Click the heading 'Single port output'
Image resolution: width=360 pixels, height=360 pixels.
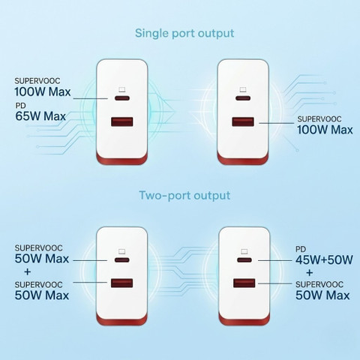tap(184, 34)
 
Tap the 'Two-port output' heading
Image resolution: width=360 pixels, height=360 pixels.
tap(184, 196)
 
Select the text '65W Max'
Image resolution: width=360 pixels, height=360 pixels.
tap(40, 116)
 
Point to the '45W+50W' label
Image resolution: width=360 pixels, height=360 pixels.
tap(324, 259)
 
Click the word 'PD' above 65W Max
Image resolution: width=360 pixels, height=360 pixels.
tap(20, 106)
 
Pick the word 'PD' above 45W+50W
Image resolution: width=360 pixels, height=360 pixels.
tap(301, 249)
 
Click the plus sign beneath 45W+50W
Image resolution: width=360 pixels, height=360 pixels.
tap(310, 272)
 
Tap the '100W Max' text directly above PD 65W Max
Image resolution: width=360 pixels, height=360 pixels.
tap(43, 91)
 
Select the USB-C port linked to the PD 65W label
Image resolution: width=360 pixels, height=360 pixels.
tap(122, 97)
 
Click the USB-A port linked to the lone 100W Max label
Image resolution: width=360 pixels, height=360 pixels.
tap(243, 122)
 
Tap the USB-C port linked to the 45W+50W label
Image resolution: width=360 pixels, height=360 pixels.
tap(244, 260)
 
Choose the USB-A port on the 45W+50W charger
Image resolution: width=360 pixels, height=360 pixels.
tap(244, 283)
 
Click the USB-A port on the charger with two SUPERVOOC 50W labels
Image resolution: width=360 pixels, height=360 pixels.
tap(122, 283)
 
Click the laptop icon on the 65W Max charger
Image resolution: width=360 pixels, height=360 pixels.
tap(122, 89)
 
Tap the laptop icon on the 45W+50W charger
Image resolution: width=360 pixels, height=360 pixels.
tap(244, 251)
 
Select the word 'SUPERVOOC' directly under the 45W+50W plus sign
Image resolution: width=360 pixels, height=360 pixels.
tap(319, 284)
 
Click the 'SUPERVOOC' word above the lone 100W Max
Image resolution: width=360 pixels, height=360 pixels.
tap(319, 119)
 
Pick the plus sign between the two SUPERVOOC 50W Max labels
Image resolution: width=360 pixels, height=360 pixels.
tap(28, 271)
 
